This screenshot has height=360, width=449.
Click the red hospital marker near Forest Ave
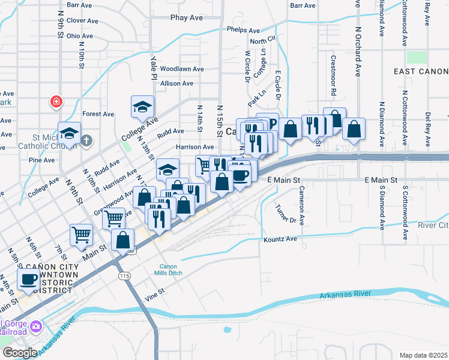56,101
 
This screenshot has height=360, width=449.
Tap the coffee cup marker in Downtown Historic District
28,279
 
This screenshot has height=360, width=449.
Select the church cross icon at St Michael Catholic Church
86,141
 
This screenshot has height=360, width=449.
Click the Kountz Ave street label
280,239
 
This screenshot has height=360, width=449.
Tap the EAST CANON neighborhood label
421,71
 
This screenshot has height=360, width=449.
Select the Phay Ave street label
187,17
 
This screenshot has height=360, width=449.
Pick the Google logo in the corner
20,353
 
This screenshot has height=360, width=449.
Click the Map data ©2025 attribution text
423,355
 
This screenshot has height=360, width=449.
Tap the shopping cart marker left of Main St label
81,235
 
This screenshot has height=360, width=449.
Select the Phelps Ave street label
243,30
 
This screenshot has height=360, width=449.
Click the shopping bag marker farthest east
354,129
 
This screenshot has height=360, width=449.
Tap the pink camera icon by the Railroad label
36,326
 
